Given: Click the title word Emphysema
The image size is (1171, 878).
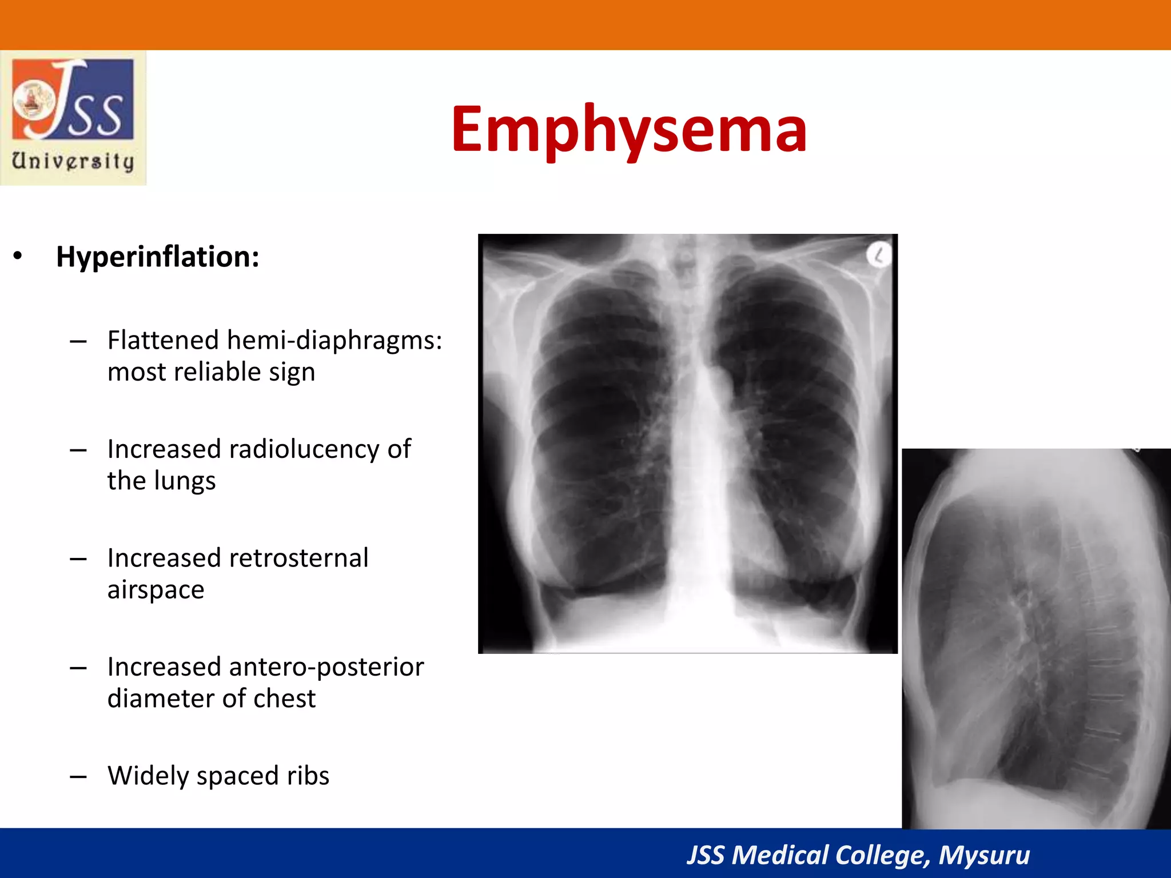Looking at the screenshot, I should click(629, 130).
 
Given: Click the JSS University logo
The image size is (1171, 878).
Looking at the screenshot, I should click(73, 118).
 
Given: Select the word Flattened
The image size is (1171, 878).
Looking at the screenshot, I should click(164, 340).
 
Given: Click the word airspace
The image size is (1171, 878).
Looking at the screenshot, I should click(156, 590).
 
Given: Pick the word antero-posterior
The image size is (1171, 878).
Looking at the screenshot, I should click(326, 667).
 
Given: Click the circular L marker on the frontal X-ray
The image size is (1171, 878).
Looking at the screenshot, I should click(878, 255).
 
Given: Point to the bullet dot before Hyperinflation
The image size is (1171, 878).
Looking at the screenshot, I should click(18, 256).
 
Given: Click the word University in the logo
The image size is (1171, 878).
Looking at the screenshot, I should click(73, 161).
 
